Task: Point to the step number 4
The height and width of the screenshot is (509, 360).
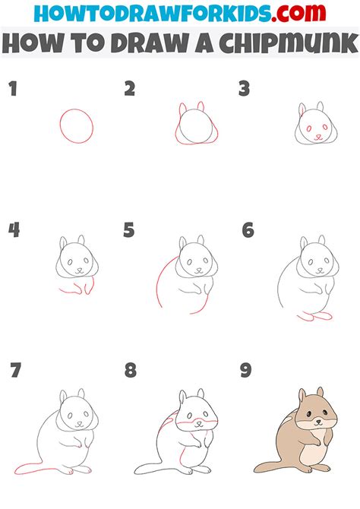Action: pyautogui.click(x=13, y=230)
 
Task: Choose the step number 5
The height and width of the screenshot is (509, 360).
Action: pyautogui.click(x=130, y=230)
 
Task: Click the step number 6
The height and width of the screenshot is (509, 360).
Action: pyautogui.click(x=248, y=230)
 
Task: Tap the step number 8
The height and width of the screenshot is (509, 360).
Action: pyautogui.click(x=131, y=371)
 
